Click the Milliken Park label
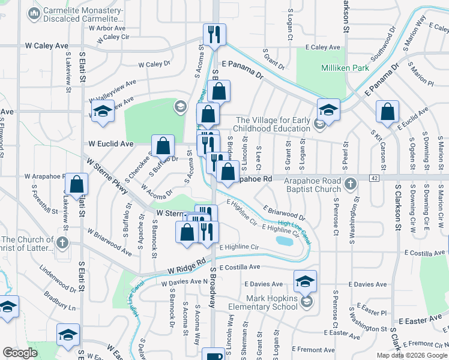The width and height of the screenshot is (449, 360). [345, 68]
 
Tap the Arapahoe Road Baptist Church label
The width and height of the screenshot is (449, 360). [312, 185]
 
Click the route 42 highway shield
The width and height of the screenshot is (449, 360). [375, 178]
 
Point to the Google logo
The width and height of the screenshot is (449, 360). [20, 353]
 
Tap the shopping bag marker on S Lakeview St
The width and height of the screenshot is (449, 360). [76, 185]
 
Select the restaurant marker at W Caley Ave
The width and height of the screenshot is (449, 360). [214, 35]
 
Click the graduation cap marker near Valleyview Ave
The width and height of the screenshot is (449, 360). [103, 112]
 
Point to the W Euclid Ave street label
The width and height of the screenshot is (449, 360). [110, 144]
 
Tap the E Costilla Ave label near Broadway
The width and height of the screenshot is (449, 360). [240, 267]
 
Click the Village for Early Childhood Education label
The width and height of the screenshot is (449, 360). [274, 124]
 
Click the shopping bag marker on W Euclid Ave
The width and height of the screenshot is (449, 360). [163, 145]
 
